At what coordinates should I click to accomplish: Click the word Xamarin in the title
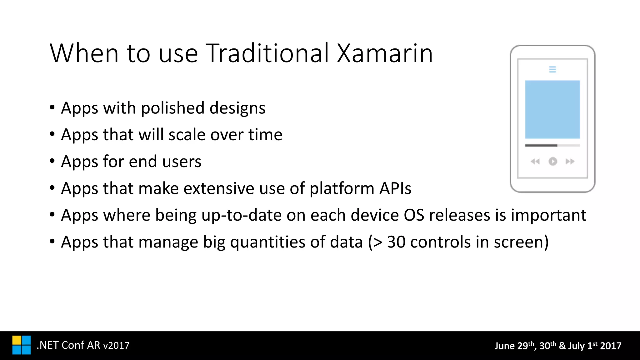pos(385,53)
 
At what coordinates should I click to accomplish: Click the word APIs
pos(395,189)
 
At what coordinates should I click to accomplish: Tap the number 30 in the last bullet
pos(396,242)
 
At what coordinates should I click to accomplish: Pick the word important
pos(548,216)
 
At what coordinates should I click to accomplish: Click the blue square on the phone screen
pos(552,109)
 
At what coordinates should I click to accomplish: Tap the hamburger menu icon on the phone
pos(552,69)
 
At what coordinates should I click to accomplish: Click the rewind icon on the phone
pos(535,162)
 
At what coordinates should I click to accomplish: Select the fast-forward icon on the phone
pos(570,162)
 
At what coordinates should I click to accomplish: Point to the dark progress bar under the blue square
pos(541,145)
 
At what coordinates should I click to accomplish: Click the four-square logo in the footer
pos(22,345)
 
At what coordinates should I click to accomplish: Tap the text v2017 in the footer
pos(116,346)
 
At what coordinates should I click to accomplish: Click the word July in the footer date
pos(576,346)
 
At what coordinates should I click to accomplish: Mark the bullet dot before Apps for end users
pos(52,161)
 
